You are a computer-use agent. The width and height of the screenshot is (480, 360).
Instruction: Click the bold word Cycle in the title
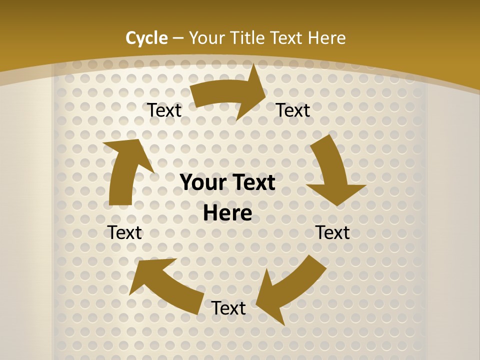click(x=146, y=37)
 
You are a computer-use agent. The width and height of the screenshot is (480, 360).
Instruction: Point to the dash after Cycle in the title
click(x=178, y=38)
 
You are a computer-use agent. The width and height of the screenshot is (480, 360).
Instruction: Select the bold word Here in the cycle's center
click(x=227, y=213)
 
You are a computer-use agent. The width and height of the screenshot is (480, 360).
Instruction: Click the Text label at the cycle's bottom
click(x=228, y=308)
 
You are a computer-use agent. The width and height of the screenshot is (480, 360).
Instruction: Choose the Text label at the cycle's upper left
click(x=164, y=110)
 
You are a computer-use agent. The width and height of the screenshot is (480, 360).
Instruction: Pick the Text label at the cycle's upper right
click(x=293, y=110)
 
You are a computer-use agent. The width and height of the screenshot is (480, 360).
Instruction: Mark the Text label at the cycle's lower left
click(x=125, y=232)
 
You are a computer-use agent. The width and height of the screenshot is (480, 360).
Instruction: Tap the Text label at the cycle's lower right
click(x=333, y=232)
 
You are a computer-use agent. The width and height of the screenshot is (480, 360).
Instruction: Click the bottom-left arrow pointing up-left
click(x=165, y=285)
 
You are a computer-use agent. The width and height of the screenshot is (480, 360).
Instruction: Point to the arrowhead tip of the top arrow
click(x=265, y=95)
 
